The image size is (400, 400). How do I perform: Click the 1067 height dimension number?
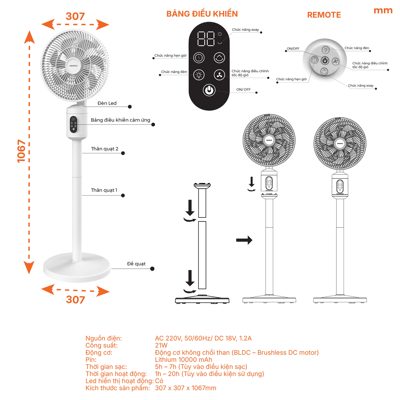21,151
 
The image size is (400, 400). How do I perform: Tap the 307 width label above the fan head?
75,16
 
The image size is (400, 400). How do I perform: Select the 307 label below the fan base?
75,300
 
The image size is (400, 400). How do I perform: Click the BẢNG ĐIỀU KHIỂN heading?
202,14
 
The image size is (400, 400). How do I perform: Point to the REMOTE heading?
324,15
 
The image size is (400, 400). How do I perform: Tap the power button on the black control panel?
209,90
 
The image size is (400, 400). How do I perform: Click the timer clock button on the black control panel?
199,58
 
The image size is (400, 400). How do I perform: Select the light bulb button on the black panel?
199,75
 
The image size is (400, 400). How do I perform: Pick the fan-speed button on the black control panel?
219,75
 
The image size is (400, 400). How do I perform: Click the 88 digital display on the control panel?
206,39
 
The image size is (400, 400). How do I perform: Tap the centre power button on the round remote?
325,61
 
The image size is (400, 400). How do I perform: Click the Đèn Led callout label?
107,103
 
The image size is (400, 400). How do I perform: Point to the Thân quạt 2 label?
105,149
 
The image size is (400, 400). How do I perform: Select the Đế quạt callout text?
136,264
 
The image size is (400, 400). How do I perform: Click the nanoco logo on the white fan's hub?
73,66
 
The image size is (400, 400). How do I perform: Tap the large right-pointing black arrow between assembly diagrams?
244,240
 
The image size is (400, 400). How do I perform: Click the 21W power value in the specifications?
161,345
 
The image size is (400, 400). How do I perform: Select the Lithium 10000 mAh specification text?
183,360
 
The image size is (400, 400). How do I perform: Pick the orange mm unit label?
383,11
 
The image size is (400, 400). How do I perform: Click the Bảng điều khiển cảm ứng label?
120,120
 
